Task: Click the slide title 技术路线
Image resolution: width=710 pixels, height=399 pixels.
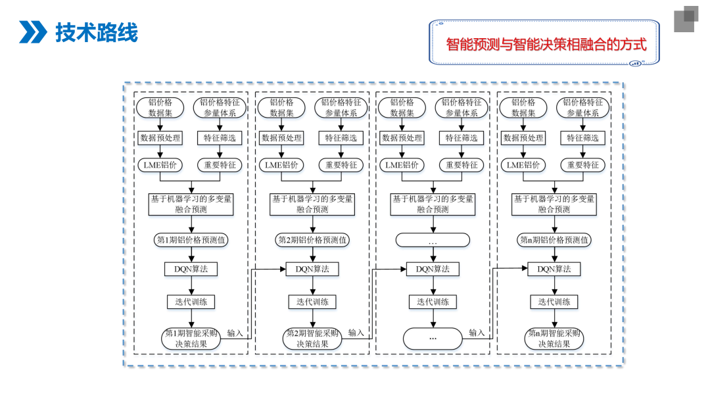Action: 96,32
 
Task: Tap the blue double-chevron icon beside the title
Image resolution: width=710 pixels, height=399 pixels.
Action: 33,32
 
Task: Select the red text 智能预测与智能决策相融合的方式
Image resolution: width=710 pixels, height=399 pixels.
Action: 546,45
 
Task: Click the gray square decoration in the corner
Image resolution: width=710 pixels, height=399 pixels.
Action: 684,19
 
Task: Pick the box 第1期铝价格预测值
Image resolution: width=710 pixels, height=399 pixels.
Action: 191,240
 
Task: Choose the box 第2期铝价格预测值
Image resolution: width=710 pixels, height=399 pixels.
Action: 312,240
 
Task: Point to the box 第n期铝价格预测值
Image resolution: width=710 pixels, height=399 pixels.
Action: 554,240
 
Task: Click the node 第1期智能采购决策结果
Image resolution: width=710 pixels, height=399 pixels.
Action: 191,339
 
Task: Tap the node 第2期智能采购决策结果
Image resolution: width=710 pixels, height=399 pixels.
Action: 312,339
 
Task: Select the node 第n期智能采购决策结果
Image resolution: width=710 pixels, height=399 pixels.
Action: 554,339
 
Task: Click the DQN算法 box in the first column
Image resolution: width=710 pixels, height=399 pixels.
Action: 191,269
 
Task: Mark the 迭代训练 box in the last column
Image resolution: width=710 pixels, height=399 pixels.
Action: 554,302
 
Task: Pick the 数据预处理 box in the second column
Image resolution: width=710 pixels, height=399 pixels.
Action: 281,138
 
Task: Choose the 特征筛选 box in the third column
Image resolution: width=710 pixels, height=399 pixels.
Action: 462,138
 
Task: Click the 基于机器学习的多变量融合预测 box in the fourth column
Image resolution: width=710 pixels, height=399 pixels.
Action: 554,204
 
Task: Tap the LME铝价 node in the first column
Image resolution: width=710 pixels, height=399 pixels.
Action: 160,165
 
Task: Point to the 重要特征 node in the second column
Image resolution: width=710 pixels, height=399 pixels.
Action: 341,165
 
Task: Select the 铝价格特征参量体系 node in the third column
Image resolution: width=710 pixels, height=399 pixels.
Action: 462,107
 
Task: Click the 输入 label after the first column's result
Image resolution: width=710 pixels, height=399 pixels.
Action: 235,333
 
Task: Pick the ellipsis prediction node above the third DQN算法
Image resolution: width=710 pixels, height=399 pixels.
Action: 433,241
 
